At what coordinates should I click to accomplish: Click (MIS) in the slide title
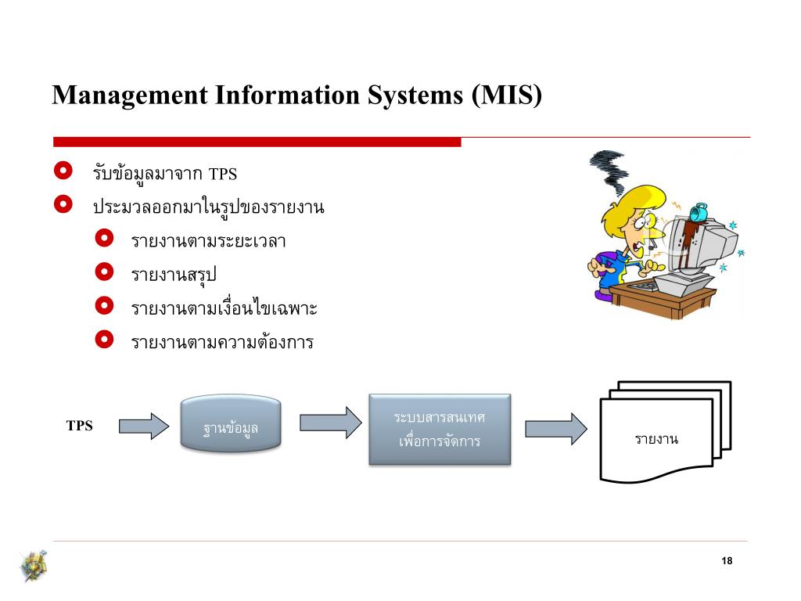(506, 95)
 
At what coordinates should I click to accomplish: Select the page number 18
(727, 562)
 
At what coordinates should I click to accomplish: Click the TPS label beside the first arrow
(79, 426)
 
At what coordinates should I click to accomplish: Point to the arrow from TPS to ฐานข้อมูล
(143, 426)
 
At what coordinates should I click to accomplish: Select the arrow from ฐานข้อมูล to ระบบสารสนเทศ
(330, 423)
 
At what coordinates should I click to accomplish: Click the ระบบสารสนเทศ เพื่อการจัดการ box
(440, 429)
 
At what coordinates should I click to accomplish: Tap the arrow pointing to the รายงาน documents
(555, 429)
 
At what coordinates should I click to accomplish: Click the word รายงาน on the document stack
(656, 439)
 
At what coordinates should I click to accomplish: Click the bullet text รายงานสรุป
(174, 275)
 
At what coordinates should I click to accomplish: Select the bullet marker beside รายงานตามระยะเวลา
(104, 239)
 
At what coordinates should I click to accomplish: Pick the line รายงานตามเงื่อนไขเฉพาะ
(224, 309)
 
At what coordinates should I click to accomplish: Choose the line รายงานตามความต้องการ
(222, 343)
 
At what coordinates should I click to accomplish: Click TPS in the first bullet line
(223, 174)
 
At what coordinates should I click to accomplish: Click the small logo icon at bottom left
(34, 566)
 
